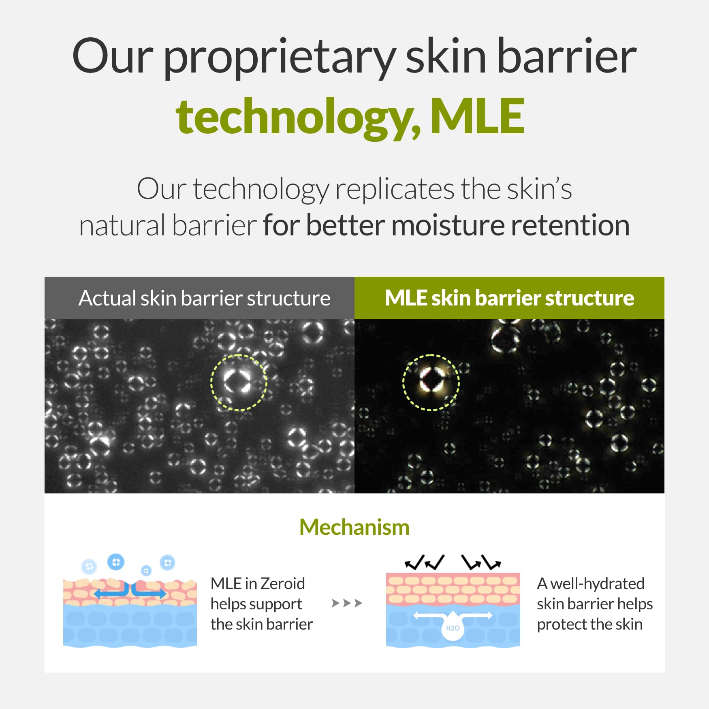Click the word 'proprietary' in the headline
[x=279, y=58]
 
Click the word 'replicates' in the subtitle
[x=395, y=189]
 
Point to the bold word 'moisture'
[x=448, y=225]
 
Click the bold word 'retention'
[x=570, y=226]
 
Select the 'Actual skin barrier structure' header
[x=204, y=298]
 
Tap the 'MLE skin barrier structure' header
[x=509, y=298]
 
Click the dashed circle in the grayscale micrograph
[x=211, y=382]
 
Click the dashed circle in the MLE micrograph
[x=403, y=382]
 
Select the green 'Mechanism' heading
[x=354, y=527]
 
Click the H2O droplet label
[x=453, y=628]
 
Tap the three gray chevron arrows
[x=347, y=603]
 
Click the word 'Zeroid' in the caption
[x=283, y=583]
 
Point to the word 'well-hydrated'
[x=598, y=583]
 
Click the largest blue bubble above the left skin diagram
[x=116, y=562]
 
